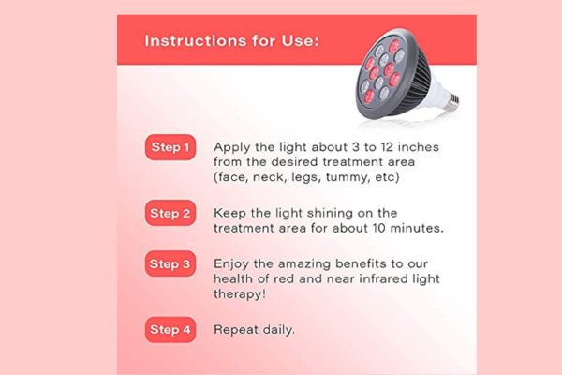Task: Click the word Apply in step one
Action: pos(231,147)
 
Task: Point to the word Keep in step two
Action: pos(229,213)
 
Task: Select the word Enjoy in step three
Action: pos(232,264)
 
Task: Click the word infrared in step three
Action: pos(362,279)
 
